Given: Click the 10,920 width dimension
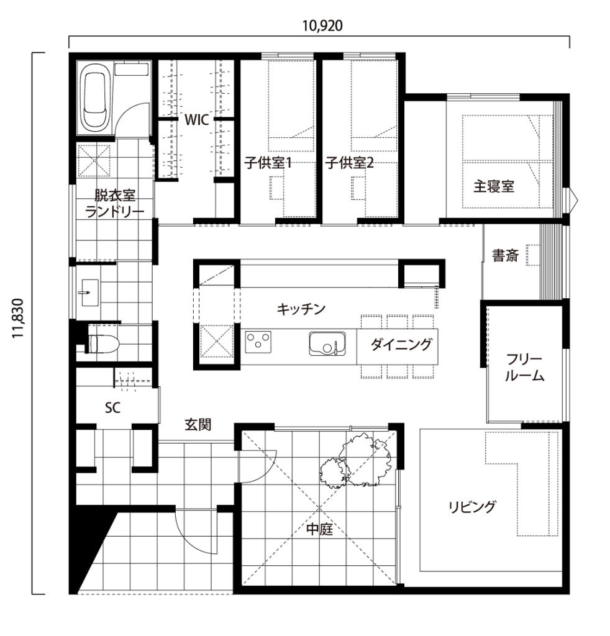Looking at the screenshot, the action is pos(322,25).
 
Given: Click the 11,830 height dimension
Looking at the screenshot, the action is pos(18,319).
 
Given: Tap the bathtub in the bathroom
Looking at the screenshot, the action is pos(94,101).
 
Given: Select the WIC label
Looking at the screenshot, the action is pos(197,120).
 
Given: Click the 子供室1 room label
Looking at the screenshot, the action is pos(268,163).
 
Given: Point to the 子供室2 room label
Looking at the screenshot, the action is pos(349,163).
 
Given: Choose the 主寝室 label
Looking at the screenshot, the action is pos(494,186).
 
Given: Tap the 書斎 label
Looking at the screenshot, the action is pos(506,255).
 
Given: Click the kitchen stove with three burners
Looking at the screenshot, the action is pos(258,342).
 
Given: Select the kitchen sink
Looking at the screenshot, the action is pos(327,343).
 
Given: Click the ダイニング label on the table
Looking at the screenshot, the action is pos(401,345).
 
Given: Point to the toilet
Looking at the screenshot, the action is pos(102,343).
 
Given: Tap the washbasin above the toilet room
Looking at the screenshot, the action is pos(89,293).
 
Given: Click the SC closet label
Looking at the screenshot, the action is pos(113,407).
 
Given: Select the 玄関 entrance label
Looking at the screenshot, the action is pos(198,425).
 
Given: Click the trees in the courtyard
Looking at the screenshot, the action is pos(356,460).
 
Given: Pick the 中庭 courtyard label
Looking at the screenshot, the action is pos(320,529).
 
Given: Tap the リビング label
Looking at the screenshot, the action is pos(473,507).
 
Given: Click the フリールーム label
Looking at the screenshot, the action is pos(524,368).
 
